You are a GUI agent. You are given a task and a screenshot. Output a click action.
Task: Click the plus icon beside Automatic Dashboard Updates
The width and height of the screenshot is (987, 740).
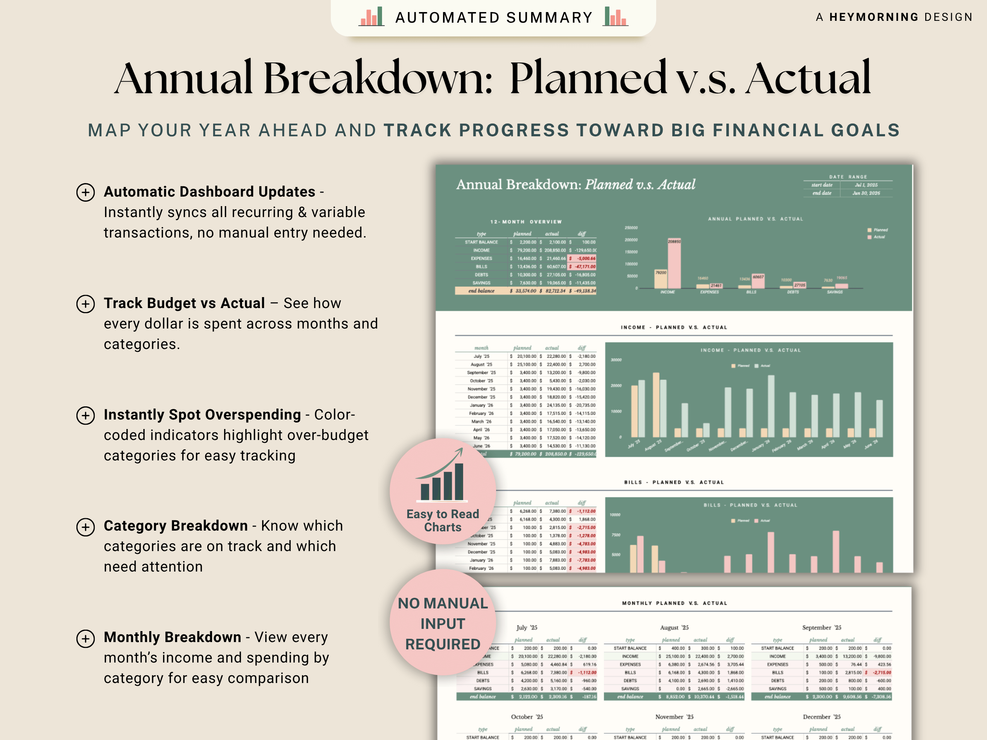85,192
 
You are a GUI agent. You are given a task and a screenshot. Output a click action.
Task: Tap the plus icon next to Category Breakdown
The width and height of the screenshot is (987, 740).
85,527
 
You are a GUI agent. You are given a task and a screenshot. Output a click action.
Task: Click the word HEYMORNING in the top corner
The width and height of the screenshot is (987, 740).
874,17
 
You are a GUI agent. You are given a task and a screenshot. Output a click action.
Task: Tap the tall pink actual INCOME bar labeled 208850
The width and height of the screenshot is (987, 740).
674,264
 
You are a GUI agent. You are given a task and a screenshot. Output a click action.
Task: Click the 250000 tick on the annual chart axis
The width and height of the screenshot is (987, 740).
631,228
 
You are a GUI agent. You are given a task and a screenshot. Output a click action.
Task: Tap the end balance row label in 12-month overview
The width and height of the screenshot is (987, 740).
481,291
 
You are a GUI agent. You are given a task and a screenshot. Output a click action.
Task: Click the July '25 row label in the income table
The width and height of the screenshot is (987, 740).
481,356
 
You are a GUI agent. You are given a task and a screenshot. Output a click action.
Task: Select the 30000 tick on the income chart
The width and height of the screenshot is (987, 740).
616,360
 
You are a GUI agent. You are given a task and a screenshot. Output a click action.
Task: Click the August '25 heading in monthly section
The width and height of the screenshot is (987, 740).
674,627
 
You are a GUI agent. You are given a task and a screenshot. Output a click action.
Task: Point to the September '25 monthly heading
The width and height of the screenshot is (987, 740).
821,627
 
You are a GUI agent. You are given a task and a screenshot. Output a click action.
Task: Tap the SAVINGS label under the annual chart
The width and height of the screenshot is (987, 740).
835,292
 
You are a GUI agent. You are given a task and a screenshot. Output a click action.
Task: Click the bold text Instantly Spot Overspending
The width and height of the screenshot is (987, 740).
202,415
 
